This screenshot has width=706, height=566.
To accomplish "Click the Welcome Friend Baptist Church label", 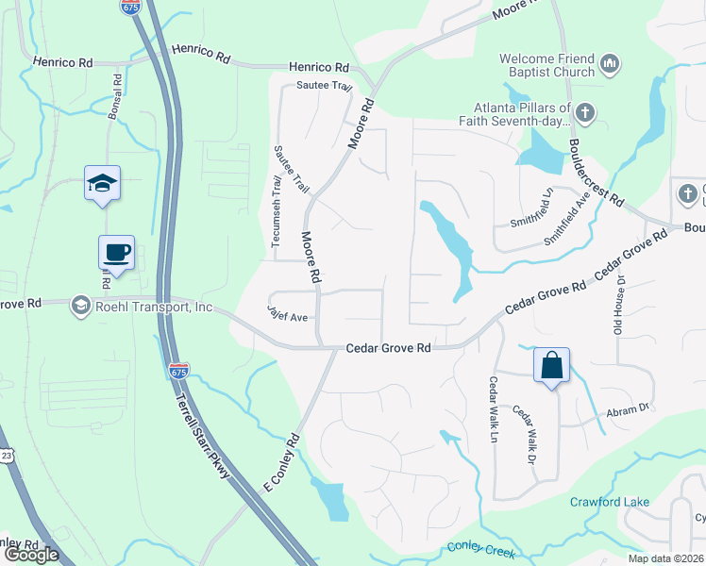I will coord(547,65).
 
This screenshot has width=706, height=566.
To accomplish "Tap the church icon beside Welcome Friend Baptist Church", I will coord(609,65).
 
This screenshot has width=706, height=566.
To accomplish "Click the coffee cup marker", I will coord(116,253).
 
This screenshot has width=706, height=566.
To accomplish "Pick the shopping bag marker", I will coord(551,365).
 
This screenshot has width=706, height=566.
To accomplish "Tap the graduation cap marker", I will coord(102,183).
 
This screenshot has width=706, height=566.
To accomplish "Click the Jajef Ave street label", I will coord(288,318).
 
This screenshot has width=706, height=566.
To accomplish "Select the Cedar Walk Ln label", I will coord(493,409).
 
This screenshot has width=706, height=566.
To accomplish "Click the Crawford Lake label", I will coord(609,501).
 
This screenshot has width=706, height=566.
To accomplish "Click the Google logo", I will coord(32,554).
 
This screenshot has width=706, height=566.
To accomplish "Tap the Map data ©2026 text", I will coord(665,558).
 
